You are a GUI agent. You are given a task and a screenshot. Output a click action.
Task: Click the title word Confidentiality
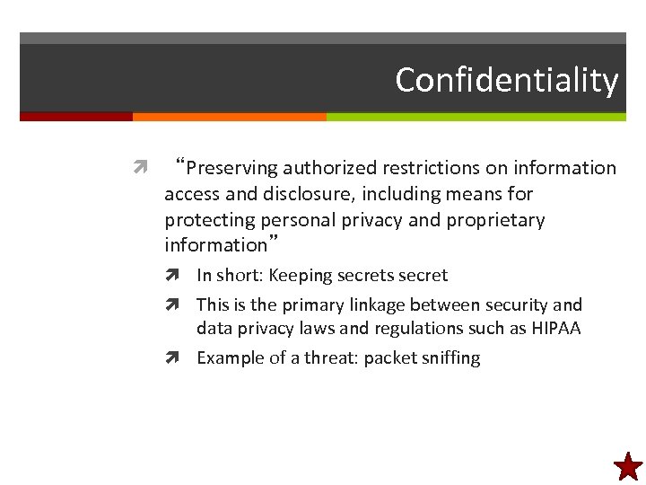pos(506,81)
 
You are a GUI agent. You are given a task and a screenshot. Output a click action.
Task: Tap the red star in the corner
pos(628,466)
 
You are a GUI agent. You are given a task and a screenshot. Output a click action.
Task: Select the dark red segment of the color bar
pos(76,117)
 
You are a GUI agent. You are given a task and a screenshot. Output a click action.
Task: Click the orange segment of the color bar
pos(229,117)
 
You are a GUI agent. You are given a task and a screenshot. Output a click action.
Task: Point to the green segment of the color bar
pos(476,117)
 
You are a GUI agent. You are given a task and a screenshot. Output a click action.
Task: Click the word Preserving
pos(231,168)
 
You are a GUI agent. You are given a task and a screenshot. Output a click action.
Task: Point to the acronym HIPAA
pos(555,329)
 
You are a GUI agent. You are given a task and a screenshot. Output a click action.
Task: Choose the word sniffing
pos(448,357)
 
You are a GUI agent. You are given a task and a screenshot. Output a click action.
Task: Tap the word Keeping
pos(300,276)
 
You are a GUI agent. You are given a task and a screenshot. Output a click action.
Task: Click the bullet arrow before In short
pos(182,276)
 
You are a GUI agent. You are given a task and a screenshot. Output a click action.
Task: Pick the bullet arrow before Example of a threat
pos(182,357)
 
